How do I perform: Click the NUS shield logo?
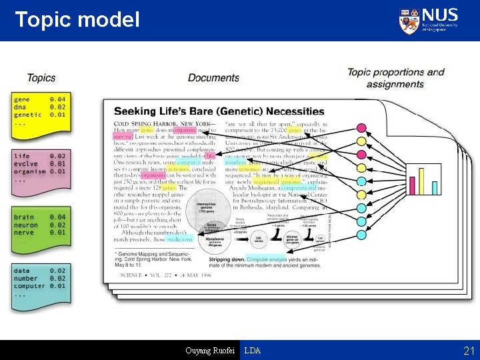tap(409, 21)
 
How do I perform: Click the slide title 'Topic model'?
tap(77, 19)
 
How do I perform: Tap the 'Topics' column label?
tap(41, 78)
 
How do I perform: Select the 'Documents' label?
tap(213, 78)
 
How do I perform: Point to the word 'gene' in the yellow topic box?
tap(23, 99)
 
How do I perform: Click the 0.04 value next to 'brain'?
tap(57, 217)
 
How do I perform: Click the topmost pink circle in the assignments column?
tap(362, 127)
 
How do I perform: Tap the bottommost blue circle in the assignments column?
tap(362, 234)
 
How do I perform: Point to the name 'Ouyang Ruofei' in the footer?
tap(211, 351)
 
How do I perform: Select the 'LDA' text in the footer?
tap(253, 351)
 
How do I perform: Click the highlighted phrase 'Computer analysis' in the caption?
tap(267, 259)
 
